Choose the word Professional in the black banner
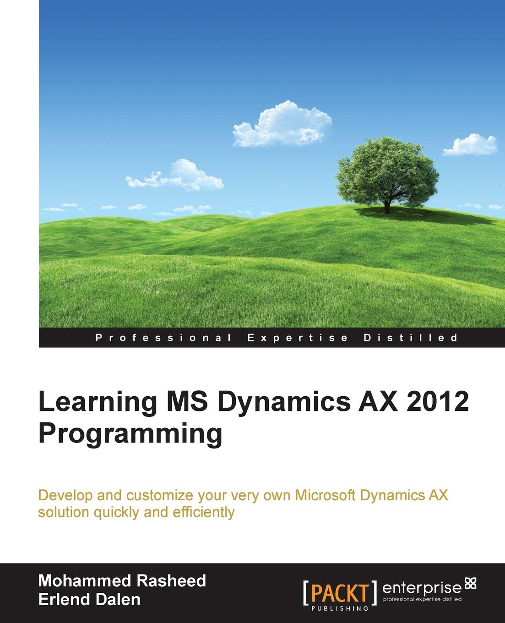pos(163,338)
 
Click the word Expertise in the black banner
pos(298,338)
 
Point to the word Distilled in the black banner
pos(410,338)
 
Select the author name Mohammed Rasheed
pos(122,581)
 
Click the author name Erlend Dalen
pos(89,599)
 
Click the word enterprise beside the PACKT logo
pos(421,587)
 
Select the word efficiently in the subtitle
pos(204,512)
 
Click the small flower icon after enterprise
pos(470,584)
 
